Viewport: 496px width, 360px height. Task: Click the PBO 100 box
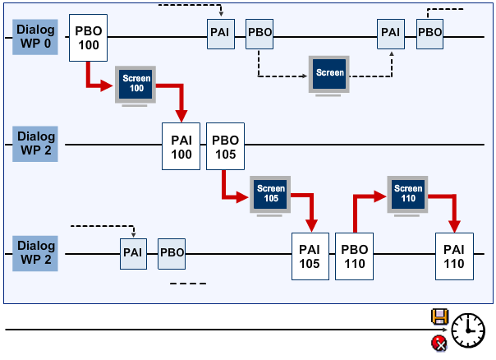click(x=88, y=36)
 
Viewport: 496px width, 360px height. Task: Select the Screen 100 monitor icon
click(x=135, y=83)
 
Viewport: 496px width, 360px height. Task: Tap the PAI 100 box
click(x=181, y=146)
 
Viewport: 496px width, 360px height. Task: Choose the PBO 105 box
click(x=226, y=146)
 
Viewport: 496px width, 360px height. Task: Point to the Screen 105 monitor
click(x=271, y=194)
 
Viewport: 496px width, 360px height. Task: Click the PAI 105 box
click(x=310, y=256)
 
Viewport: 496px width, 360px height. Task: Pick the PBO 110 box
click(x=354, y=256)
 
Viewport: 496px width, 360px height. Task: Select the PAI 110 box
click(x=454, y=256)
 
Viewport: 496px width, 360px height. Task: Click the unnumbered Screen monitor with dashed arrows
click(x=329, y=74)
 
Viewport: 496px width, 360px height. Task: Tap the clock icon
click(x=468, y=329)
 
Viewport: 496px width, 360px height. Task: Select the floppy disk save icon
click(x=439, y=316)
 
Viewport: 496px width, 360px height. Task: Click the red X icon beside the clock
click(x=439, y=344)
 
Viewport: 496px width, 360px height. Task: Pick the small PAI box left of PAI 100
click(x=133, y=252)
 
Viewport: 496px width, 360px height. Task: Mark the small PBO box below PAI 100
click(x=172, y=252)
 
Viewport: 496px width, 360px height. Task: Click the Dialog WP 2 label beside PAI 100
click(x=35, y=143)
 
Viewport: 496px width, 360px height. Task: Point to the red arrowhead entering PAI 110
click(x=453, y=225)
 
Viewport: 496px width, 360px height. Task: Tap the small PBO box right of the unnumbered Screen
click(x=429, y=33)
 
